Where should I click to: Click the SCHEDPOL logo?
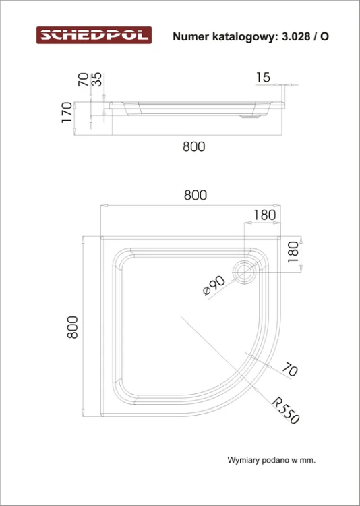pyautogui.click(x=94, y=35)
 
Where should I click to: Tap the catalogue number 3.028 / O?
pyautogui.click(x=305, y=36)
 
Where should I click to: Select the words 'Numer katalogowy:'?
pyautogui.click(x=225, y=37)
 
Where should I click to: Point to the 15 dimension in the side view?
pyautogui.click(x=263, y=78)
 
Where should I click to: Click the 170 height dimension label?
pyautogui.click(x=67, y=112)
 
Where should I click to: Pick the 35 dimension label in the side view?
pyautogui.click(x=97, y=79)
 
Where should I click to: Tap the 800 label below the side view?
pyautogui.click(x=194, y=147)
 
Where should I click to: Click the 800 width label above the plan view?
pyautogui.click(x=196, y=195)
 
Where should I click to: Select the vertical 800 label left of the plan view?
pyautogui.click(x=73, y=327)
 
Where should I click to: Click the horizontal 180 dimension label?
pyautogui.click(x=264, y=215)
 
